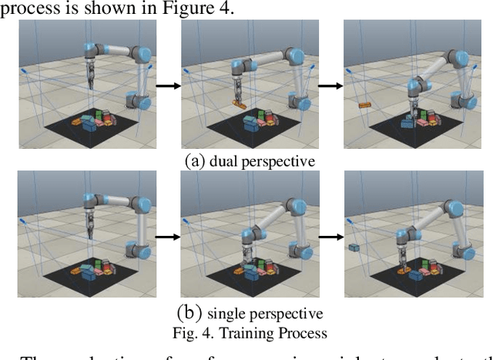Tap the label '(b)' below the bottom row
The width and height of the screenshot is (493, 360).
pyautogui.click(x=189, y=313)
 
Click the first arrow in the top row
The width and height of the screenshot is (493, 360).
pyautogui.click(x=167, y=86)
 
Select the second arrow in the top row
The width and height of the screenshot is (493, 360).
pyautogui.click(x=330, y=86)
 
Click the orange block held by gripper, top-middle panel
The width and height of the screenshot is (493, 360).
pyautogui.click(x=238, y=104)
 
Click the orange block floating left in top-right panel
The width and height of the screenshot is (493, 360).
pyautogui.click(x=364, y=105)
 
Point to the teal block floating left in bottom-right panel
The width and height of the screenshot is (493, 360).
pyautogui.click(x=354, y=247)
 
